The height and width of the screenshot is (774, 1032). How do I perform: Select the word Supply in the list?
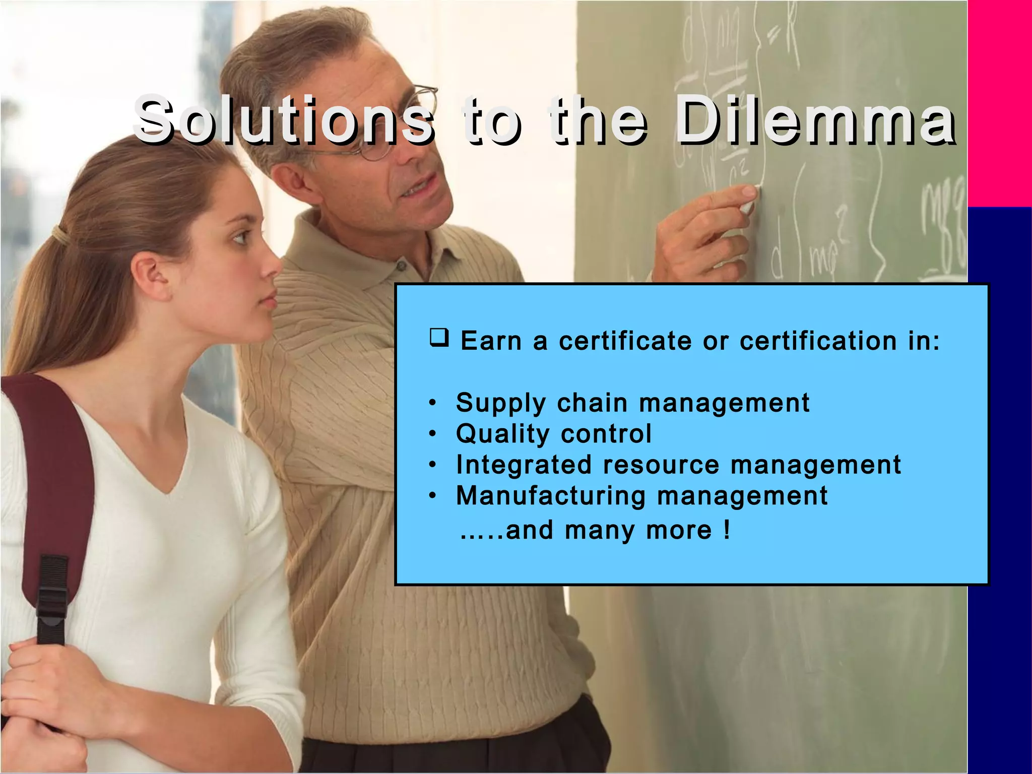[x=501, y=404]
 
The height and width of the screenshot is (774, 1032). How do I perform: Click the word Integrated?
[x=524, y=465]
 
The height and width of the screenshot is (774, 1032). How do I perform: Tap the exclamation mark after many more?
[x=726, y=530]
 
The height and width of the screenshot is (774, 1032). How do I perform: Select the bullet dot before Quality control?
[x=432, y=434]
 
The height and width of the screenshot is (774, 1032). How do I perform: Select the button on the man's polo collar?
[x=402, y=264]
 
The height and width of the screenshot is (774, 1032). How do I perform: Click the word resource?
[x=661, y=465]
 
